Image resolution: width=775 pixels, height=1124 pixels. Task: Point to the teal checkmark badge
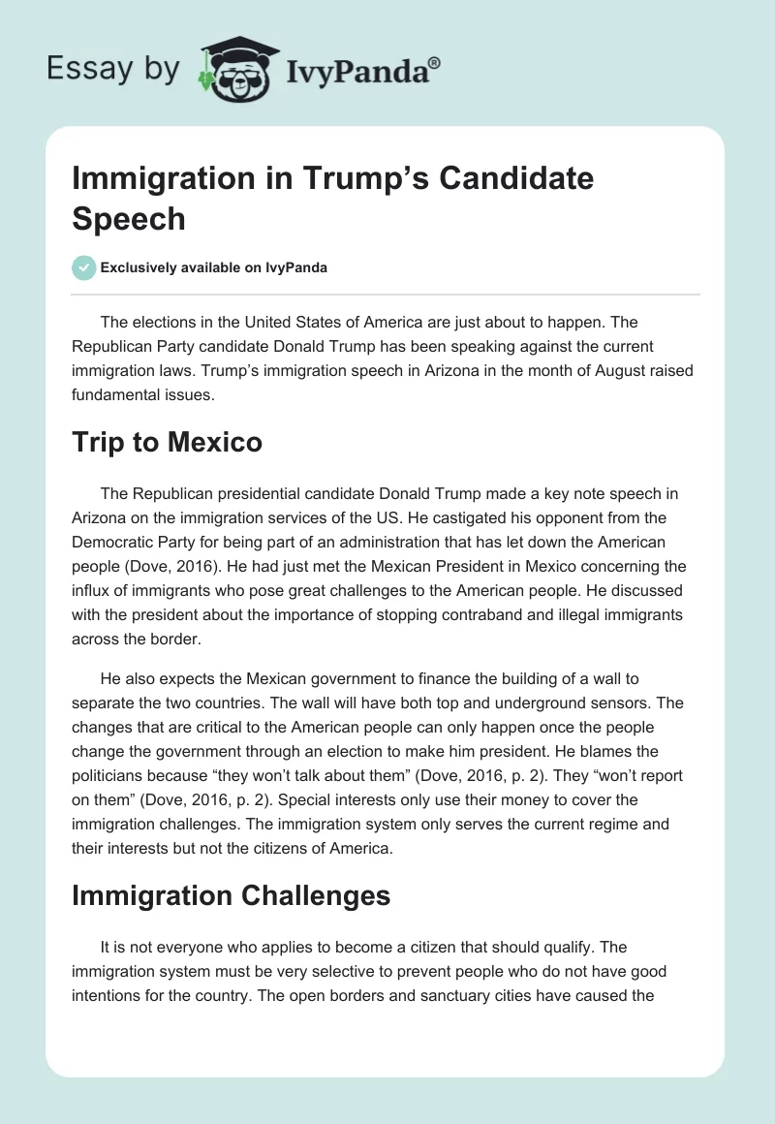[84, 267]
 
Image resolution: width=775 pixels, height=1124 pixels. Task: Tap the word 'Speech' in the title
[128, 218]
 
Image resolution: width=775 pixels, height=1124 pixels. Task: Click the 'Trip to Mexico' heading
[167, 442]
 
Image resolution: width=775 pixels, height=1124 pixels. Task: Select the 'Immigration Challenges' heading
[231, 896]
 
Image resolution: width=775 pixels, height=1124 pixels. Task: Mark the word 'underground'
[531, 702]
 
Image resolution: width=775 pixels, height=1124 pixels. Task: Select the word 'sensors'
[613, 702]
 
